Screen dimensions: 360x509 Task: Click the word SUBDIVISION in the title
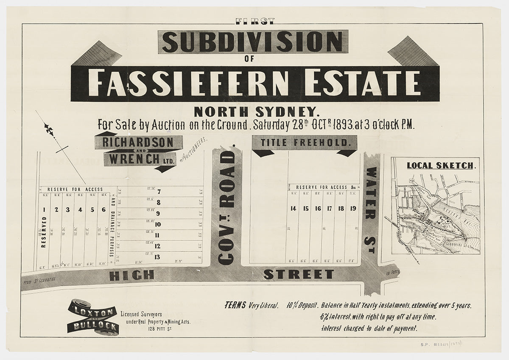[253, 42]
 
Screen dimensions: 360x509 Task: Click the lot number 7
[158, 192]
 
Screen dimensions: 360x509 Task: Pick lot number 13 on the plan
[157, 257]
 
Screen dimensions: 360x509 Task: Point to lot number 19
[353, 208]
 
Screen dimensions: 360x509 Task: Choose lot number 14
[293, 208]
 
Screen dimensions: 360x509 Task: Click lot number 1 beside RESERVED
[44, 209]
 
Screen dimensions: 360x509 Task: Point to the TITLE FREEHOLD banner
[304, 142]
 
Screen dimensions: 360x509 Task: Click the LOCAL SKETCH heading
[440, 165]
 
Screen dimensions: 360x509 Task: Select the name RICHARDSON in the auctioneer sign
[138, 142]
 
